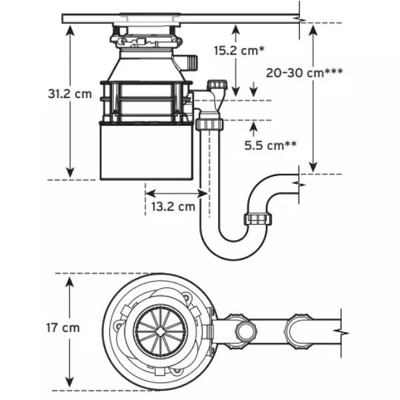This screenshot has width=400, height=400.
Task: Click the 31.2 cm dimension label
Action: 70,94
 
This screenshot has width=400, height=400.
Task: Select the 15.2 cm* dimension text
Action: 239,51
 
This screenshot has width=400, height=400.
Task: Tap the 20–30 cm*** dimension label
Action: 304,73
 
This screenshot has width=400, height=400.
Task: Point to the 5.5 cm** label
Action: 271,145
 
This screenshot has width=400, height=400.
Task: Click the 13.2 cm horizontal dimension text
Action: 173,207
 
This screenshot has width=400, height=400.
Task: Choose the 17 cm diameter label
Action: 63,328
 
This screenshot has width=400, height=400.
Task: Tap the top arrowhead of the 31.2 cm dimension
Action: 70,31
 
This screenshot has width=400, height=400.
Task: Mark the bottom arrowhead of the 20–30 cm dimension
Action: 313,167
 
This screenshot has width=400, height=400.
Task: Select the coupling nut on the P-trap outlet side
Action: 257,219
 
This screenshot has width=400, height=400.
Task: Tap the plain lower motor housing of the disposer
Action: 146,151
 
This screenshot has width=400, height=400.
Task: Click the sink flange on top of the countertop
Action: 151,15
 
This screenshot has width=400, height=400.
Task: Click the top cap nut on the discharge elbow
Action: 217,84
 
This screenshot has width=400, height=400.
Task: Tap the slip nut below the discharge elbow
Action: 209,124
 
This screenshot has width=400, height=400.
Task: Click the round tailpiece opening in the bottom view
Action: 245,331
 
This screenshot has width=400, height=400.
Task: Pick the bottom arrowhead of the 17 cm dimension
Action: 69,383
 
